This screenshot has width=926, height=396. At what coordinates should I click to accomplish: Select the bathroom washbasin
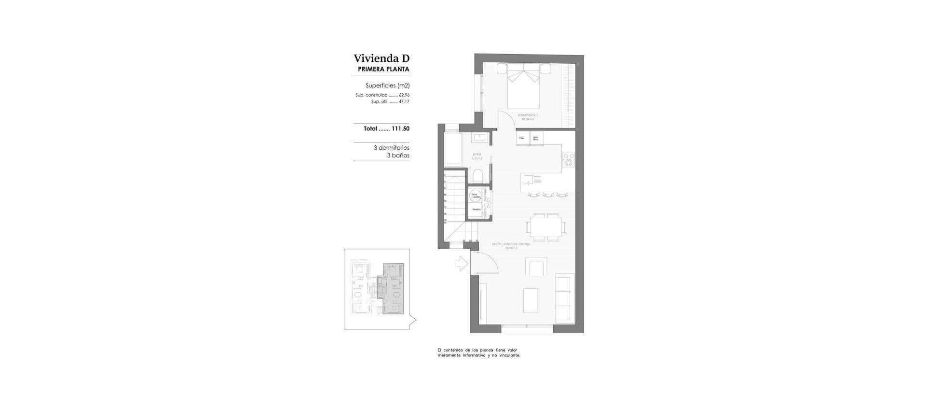coord(479,138)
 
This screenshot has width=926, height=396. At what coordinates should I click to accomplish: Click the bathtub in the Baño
coord(453,150)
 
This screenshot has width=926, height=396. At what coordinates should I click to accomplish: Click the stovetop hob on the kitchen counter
coord(569,159)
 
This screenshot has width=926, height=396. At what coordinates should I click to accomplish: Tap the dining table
coord(546,226)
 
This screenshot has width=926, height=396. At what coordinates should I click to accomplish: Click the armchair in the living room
coord(536,267)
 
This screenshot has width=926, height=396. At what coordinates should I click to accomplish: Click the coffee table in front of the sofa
coord(531,300)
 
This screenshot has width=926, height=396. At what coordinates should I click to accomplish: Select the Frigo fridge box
coord(521,138)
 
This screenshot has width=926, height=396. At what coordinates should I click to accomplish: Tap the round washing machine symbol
coord(476,196)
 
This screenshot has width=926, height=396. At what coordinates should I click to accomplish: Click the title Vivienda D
coord(381,58)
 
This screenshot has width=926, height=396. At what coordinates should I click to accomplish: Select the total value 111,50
coord(400,129)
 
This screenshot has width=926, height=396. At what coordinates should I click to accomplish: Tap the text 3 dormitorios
coord(391,148)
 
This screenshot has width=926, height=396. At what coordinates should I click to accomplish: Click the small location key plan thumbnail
coord(377,289)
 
